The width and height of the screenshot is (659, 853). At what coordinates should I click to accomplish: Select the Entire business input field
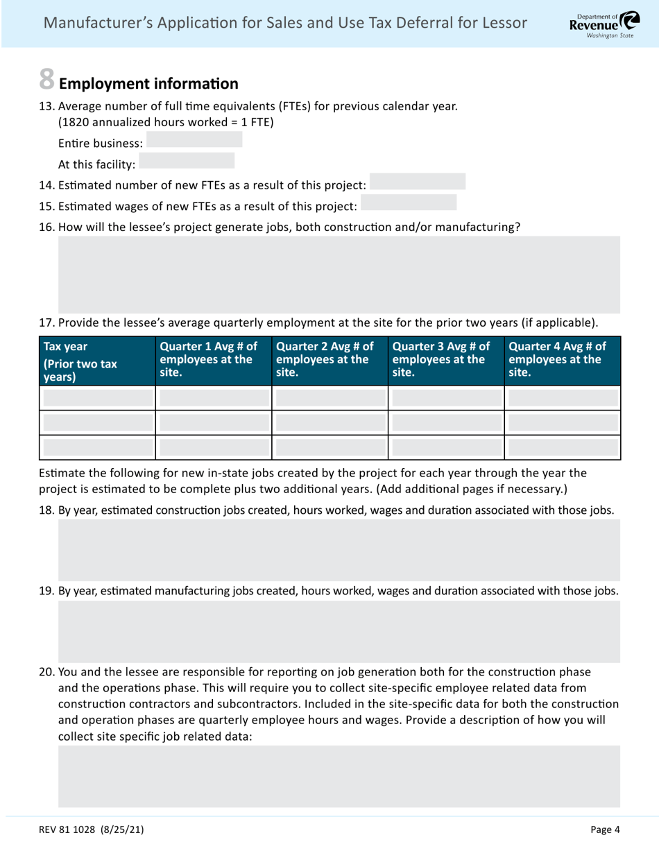click(194, 140)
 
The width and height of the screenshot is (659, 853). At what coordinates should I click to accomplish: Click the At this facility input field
click(187, 162)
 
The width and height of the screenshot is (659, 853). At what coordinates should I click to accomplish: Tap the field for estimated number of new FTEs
click(418, 182)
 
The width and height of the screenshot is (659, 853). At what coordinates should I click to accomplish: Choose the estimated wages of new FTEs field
click(409, 203)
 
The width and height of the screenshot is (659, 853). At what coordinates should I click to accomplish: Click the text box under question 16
click(339, 274)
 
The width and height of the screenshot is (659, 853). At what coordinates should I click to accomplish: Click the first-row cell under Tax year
click(98, 397)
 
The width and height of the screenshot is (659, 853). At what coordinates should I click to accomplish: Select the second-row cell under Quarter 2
click(330, 422)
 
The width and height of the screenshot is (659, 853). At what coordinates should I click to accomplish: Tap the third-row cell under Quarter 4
click(563, 447)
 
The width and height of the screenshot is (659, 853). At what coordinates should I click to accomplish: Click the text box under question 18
click(339, 550)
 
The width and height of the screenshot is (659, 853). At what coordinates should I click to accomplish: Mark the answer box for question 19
click(339, 631)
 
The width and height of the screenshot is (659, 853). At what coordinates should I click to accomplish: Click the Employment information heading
click(148, 85)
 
